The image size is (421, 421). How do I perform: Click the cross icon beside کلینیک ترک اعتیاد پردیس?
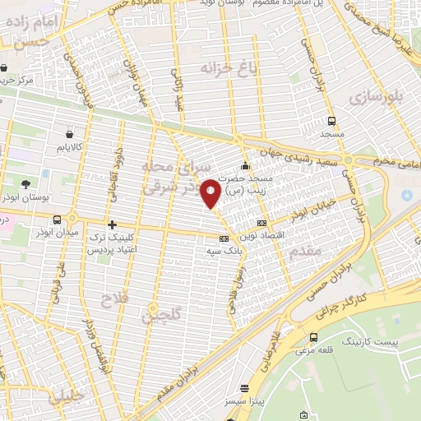click(113, 224)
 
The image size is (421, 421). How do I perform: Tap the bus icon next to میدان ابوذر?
click(56, 220)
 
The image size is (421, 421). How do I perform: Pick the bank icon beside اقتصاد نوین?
click(261, 223)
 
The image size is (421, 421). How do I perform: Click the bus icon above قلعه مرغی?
click(313, 337)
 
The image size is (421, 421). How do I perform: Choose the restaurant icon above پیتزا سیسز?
click(244, 388)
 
